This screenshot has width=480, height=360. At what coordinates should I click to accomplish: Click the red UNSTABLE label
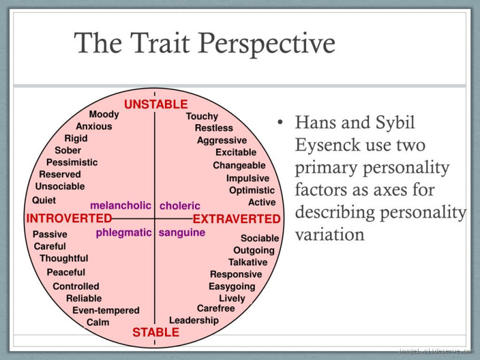tap(155, 104)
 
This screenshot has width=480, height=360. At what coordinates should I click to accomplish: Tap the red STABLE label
tap(155, 332)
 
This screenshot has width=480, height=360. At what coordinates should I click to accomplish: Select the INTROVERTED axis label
tap(69, 218)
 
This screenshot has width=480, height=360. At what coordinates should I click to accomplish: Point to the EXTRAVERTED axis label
tap(236, 219)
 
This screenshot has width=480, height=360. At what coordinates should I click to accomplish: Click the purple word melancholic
tap(121, 205)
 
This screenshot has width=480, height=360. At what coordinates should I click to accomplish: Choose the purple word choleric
tap(180, 206)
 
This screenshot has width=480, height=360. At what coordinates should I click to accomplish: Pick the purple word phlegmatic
tap(124, 233)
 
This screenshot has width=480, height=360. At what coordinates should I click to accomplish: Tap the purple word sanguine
tap(182, 233)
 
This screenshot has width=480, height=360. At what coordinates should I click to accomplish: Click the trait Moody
tap(104, 115)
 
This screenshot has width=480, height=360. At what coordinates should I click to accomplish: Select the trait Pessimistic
tap(72, 163)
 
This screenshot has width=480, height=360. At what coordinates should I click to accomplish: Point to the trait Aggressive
tap(222, 140)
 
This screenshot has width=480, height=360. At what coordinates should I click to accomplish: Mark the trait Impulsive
tap(248, 178)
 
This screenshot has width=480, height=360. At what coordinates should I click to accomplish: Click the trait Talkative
tap(248, 262)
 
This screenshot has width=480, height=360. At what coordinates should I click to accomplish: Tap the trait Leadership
tap(194, 320)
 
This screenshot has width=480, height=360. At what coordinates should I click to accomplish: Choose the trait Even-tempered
tap(106, 310)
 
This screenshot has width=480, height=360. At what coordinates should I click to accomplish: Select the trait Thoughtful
tap(64, 259)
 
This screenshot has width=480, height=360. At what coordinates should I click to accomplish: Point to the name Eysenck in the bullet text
tap(332, 145)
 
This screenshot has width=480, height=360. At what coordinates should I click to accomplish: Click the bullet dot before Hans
tap(280, 123)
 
